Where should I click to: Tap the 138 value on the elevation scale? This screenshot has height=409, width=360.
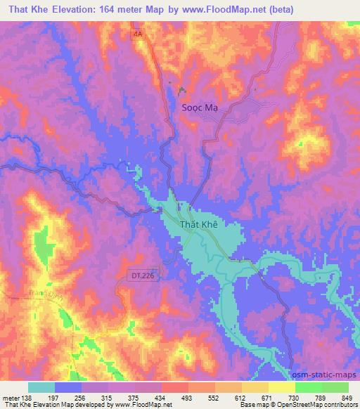(28, 397)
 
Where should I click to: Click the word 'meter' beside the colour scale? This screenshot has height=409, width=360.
(11, 397)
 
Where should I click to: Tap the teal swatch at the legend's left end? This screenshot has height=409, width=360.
(41, 387)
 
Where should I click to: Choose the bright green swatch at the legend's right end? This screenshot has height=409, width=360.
(335, 387)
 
